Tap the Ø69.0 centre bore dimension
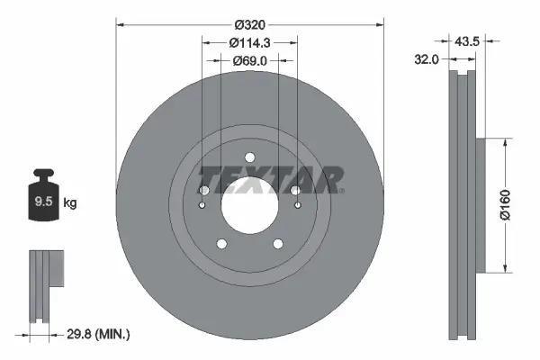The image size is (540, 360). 249,61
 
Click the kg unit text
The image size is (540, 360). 70,203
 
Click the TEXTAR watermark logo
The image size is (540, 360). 270,178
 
